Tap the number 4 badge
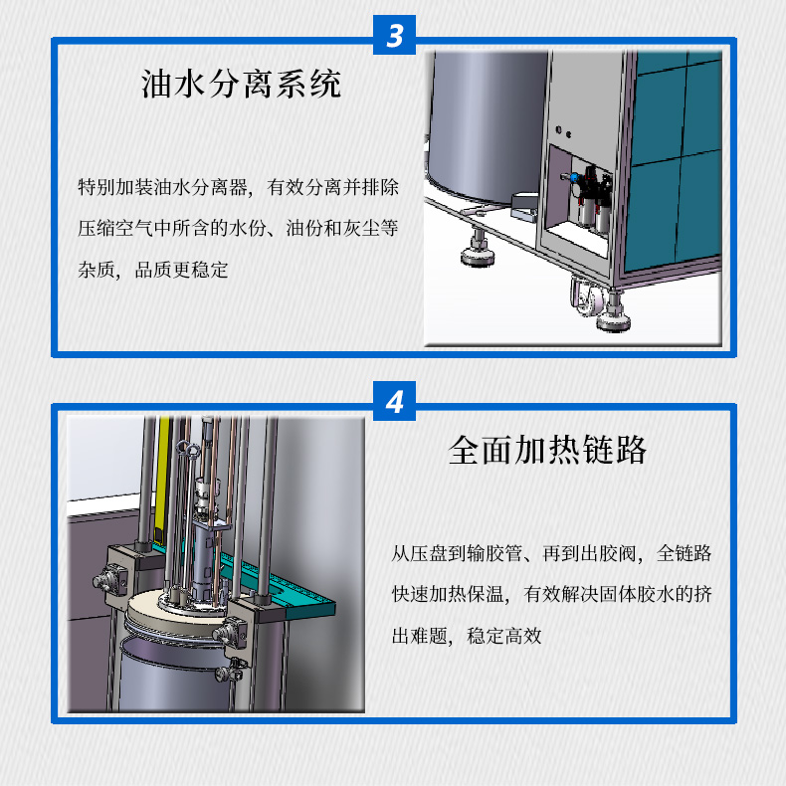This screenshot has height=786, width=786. point(395,403)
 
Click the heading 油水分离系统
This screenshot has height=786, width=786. point(241,84)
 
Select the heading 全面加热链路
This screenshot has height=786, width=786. point(548,450)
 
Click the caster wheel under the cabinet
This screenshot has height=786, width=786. point(582,295)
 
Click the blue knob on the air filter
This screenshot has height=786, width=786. point(575,182)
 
